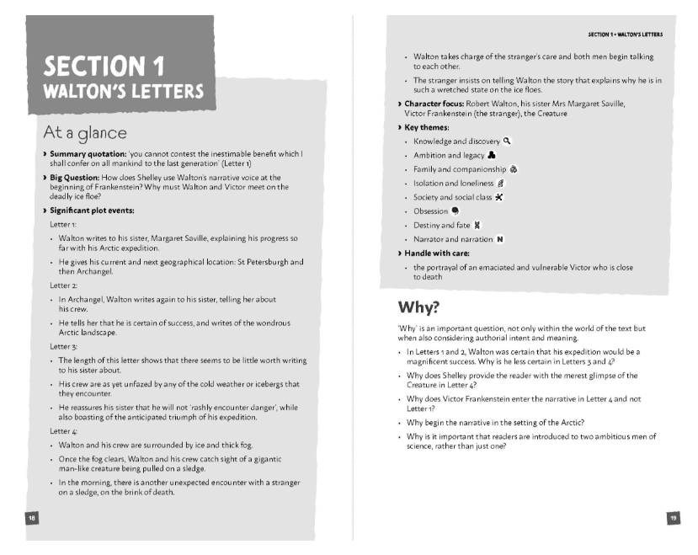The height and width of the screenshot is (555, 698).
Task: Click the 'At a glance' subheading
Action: [x=85, y=133]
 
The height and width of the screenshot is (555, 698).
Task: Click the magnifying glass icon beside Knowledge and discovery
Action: [x=507, y=141]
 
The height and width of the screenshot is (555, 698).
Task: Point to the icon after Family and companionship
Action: [x=514, y=169]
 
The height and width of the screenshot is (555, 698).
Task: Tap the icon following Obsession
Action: [x=456, y=211]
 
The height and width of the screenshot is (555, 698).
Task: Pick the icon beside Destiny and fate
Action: [x=478, y=225]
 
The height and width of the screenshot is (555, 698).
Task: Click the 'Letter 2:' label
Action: [x=63, y=286]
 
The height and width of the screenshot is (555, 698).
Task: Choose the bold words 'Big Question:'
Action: [x=74, y=178]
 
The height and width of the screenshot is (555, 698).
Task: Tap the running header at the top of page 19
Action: [x=625, y=35]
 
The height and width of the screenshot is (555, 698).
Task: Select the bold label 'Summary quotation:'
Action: [x=85, y=155]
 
